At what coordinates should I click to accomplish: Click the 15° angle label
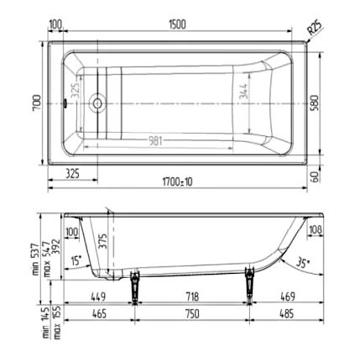click(76, 261)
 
